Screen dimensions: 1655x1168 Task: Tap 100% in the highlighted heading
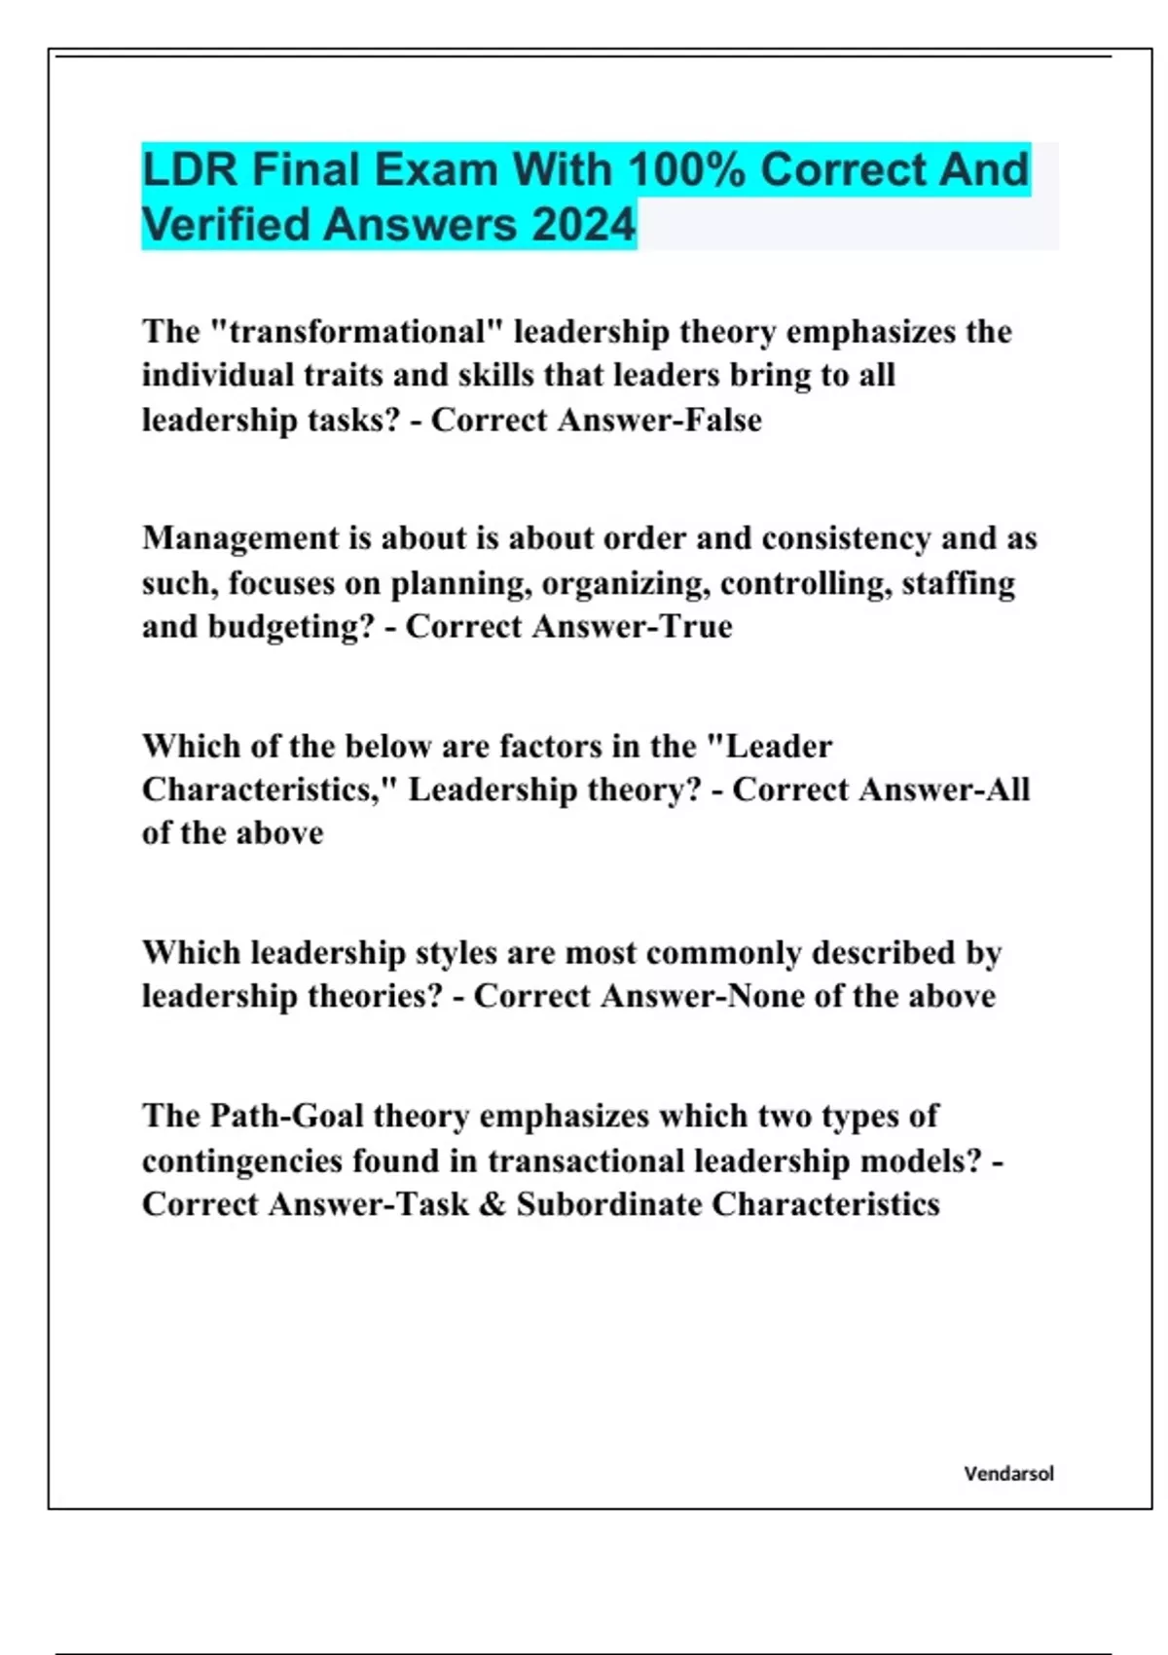pyautogui.click(x=686, y=170)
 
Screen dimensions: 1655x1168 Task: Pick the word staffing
pyautogui.click(x=958, y=583)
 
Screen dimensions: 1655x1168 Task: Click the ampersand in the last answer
pyautogui.click(x=493, y=1205)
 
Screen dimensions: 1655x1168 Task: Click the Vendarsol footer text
pyautogui.click(x=1008, y=1474)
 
